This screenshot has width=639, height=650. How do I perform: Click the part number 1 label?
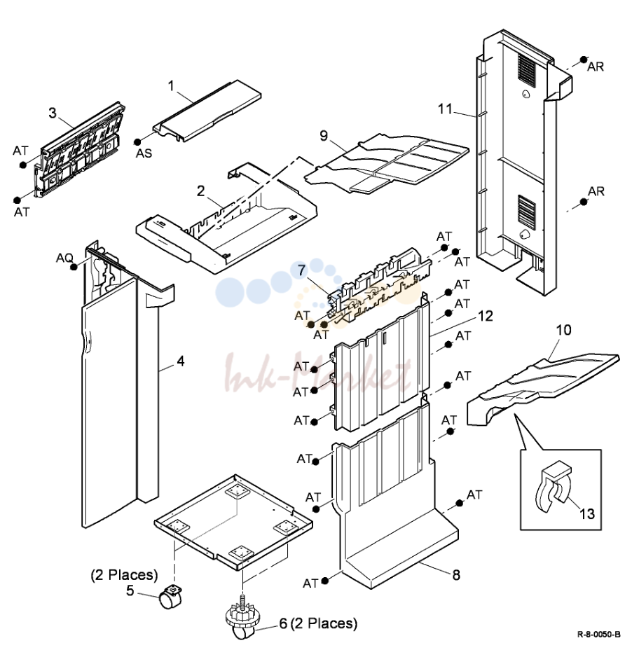point(171,86)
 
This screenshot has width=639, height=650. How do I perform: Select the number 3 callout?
point(53,113)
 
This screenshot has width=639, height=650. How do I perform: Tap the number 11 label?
point(445,109)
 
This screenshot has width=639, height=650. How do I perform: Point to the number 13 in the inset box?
point(586,514)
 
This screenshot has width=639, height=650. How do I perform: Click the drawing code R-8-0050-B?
point(599,635)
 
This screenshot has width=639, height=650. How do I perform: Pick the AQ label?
point(64,258)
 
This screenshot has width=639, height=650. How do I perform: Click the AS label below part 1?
point(144,153)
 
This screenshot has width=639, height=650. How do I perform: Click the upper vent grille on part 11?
point(527,71)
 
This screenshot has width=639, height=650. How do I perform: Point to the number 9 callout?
point(324,136)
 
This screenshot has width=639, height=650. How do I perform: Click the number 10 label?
point(563,331)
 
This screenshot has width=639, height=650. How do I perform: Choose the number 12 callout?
point(486,317)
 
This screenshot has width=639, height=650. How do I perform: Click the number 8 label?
point(456,575)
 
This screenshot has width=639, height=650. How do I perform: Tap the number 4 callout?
point(180,361)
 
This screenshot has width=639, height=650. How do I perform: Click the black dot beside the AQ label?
point(74,267)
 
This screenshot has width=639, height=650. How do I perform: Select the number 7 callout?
point(302,270)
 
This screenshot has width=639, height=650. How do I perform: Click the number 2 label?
point(200,191)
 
